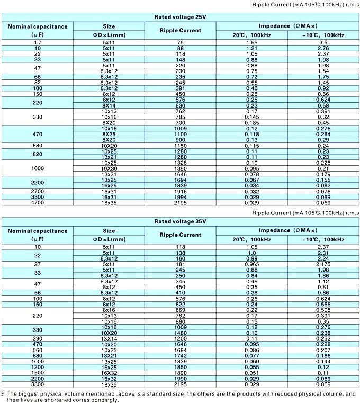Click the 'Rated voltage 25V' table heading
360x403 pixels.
[x=180, y=17]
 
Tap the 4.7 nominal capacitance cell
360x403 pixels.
[x=37, y=41]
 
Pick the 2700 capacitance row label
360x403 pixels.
[x=37, y=192]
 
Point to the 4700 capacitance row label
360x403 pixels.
[x=37, y=202]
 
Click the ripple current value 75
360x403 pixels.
[x=180, y=41]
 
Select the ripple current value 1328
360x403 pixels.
[x=180, y=163]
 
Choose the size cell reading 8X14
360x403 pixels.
[x=109, y=105]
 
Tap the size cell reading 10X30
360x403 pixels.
[x=109, y=168]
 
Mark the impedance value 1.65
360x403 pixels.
[x=252, y=41]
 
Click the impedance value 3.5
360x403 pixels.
[x=323, y=41]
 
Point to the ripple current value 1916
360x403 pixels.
[x=180, y=192]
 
